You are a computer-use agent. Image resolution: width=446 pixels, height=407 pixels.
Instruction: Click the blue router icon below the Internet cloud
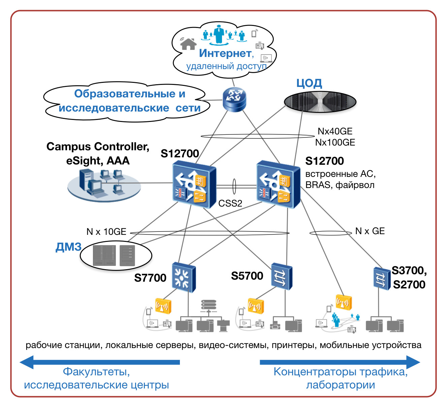point(234,99)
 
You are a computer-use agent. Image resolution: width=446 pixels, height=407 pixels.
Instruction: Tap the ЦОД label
point(309,83)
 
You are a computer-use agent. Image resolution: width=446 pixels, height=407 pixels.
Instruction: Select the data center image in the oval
point(320,102)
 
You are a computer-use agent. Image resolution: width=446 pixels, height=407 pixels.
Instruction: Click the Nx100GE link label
point(335,143)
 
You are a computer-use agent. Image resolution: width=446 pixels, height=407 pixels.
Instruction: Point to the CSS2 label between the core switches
point(230,204)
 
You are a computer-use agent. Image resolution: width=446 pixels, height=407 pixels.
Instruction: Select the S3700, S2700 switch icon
point(381,278)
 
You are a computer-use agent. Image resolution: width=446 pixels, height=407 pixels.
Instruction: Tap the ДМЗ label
point(68,247)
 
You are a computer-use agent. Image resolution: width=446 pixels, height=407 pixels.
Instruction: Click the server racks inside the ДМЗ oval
point(114,255)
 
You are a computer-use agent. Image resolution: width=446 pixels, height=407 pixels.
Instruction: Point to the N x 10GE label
point(106,232)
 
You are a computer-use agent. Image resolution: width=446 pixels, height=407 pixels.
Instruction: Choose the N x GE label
point(370,231)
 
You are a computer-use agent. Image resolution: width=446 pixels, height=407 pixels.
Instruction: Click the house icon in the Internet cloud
point(188,44)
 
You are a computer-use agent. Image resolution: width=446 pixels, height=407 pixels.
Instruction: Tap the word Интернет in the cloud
point(225,53)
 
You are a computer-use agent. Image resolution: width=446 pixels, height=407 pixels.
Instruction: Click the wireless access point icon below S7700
point(163,306)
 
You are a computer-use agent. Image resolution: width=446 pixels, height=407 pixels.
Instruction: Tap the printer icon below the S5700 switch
point(275,325)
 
